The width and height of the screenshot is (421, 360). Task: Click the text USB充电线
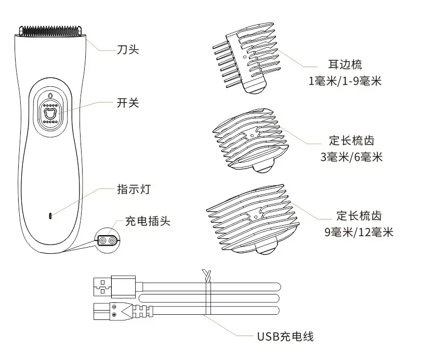(284, 336)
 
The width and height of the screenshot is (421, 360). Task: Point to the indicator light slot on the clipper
(50, 215)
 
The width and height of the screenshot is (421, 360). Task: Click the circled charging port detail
(107, 240)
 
